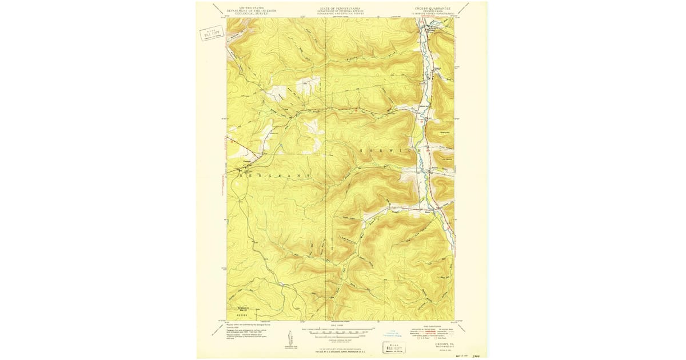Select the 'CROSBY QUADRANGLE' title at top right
click(x=432, y=8)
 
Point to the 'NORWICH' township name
click(x=394, y=150)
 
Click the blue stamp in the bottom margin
click(x=389, y=333)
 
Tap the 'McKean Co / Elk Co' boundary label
click(x=242, y=309)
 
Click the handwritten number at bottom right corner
click(x=473, y=355)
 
